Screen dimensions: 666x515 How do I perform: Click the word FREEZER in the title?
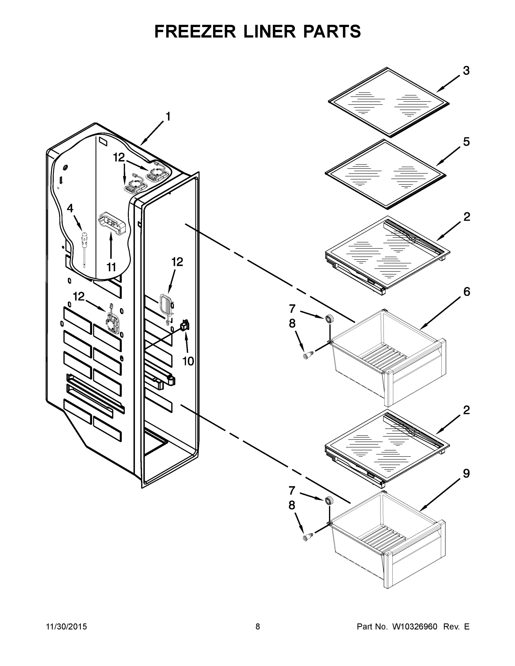(195, 32)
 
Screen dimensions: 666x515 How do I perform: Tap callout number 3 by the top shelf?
(466, 71)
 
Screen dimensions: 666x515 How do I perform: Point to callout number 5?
(466, 142)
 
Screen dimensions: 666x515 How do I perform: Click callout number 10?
(188, 361)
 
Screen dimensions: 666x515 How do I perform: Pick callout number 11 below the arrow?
(111, 267)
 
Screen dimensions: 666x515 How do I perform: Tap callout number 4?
(70, 208)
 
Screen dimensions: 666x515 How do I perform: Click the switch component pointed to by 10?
(185, 326)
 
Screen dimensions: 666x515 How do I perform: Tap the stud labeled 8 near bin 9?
(307, 537)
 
